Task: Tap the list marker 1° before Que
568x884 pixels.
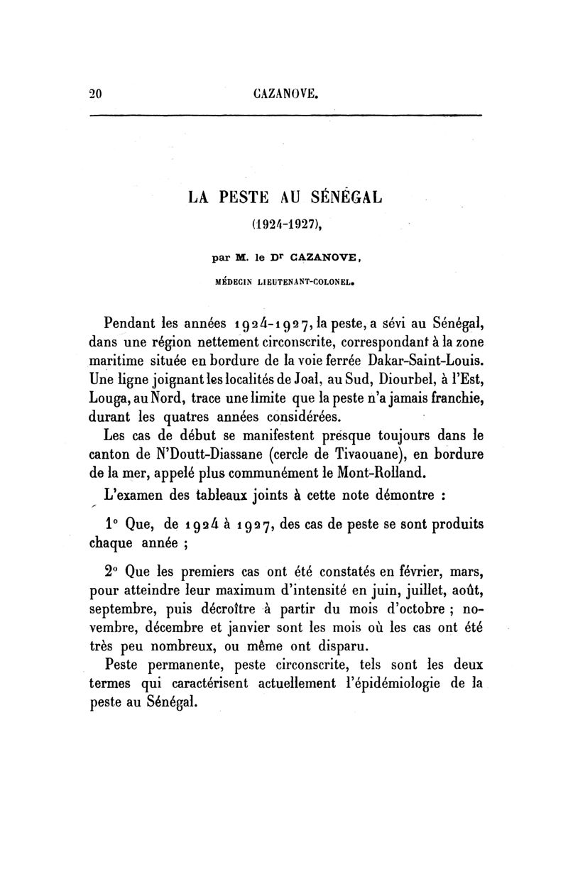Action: pos(111,525)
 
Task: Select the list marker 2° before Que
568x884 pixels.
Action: pos(111,572)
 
